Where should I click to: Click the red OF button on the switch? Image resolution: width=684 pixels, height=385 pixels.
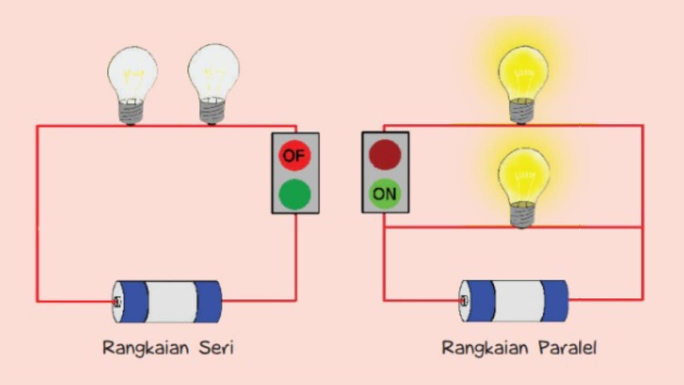point(294,156)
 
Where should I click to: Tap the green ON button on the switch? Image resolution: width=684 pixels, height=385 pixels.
point(385,194)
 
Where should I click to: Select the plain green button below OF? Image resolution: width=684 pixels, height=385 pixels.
point(294,194)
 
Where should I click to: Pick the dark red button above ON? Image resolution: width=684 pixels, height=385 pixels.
point(385,155)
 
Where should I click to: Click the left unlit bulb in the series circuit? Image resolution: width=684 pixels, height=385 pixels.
point(132,86)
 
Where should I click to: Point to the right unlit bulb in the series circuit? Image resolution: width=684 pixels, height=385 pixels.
point(213,84)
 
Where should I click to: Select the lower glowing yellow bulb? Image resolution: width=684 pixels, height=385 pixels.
point(523,188)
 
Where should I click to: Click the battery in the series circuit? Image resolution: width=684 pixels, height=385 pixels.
point(167,302)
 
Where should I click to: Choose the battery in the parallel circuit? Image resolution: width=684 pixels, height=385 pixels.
point(514,301)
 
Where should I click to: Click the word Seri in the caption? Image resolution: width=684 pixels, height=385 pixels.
point(216,348)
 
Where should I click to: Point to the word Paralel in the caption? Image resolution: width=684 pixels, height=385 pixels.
point(568,348)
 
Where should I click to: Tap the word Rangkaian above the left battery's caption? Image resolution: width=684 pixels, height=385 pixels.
point(146,349)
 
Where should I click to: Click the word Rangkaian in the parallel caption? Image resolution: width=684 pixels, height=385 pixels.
point(485,349)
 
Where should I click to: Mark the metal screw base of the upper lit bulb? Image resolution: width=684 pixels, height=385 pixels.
point(522,111)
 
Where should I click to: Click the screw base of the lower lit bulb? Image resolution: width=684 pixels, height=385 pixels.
point(522,215)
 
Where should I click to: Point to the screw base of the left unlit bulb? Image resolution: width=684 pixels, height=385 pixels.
point(131,112)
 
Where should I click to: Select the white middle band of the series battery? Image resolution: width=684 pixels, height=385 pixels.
point(172,302)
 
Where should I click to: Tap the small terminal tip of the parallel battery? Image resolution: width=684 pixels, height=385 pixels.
point(463,301)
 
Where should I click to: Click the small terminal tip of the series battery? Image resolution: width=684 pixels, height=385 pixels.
point(117,302)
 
